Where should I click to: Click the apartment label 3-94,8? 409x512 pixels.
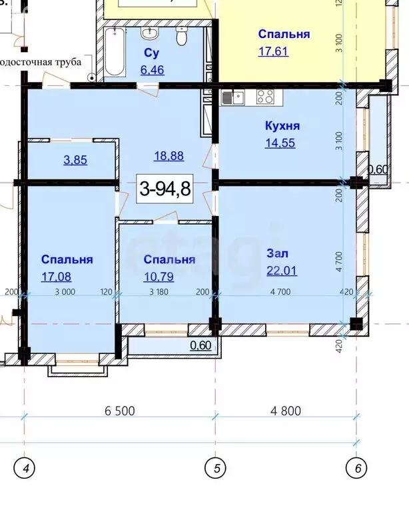coord(165,189)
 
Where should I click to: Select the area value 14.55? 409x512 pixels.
coord(280,142)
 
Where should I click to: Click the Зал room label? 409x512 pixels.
coord(278,253)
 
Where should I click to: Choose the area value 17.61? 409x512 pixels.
coord(273,50)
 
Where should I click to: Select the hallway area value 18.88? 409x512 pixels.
coord(169,156)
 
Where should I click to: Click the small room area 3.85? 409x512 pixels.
coord(67,160)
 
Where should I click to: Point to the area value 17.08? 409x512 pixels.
coord(55,275)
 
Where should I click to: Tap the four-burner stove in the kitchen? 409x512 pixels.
coord(265,97)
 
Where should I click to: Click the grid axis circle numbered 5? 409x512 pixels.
coord(215,469)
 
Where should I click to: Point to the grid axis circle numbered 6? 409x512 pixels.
coord(358,469)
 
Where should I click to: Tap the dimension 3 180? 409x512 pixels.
coord(158,291)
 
